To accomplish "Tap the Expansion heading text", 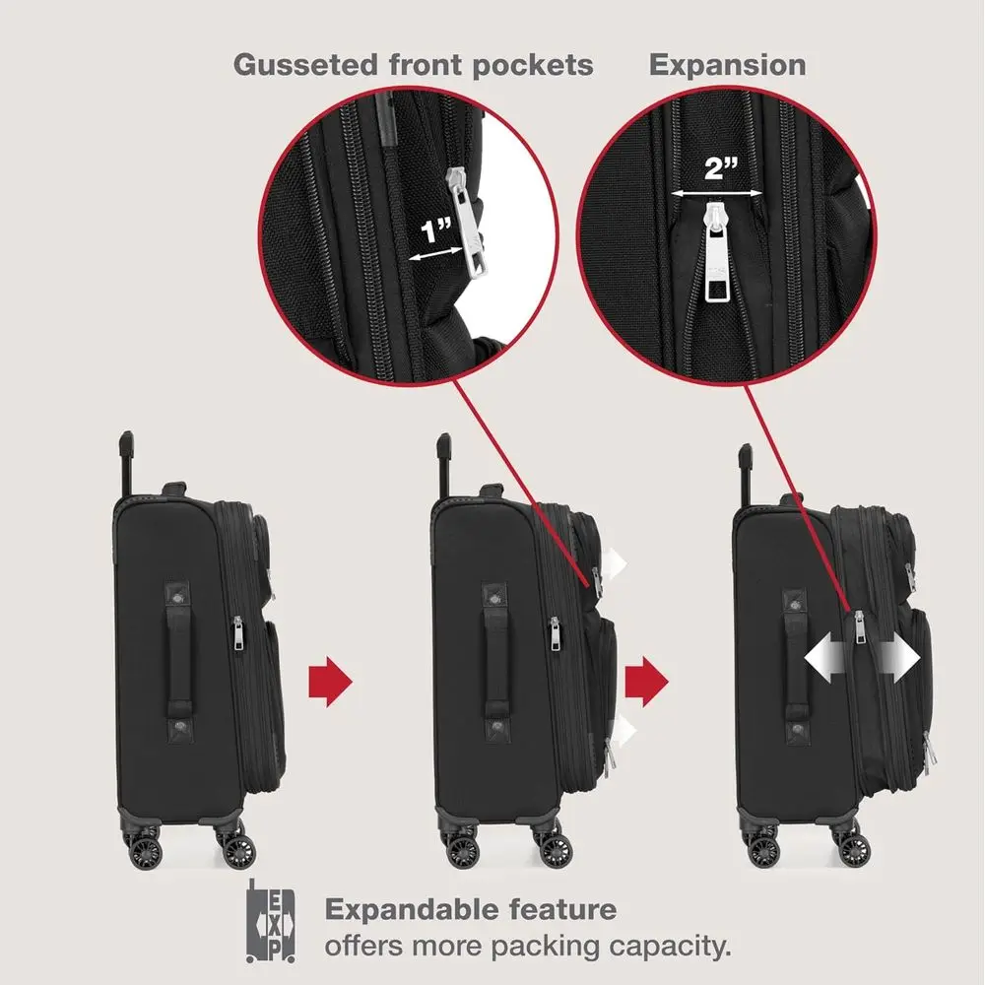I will click(x=727, y=65).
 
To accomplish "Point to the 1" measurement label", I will click(x=436, y=232).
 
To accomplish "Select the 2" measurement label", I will click(x=721, y=167).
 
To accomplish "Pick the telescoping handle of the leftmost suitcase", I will click(x=127, y=463).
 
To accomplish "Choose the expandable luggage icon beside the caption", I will click(x=270, y=922).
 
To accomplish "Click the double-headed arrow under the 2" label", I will click(x=721, y=193).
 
